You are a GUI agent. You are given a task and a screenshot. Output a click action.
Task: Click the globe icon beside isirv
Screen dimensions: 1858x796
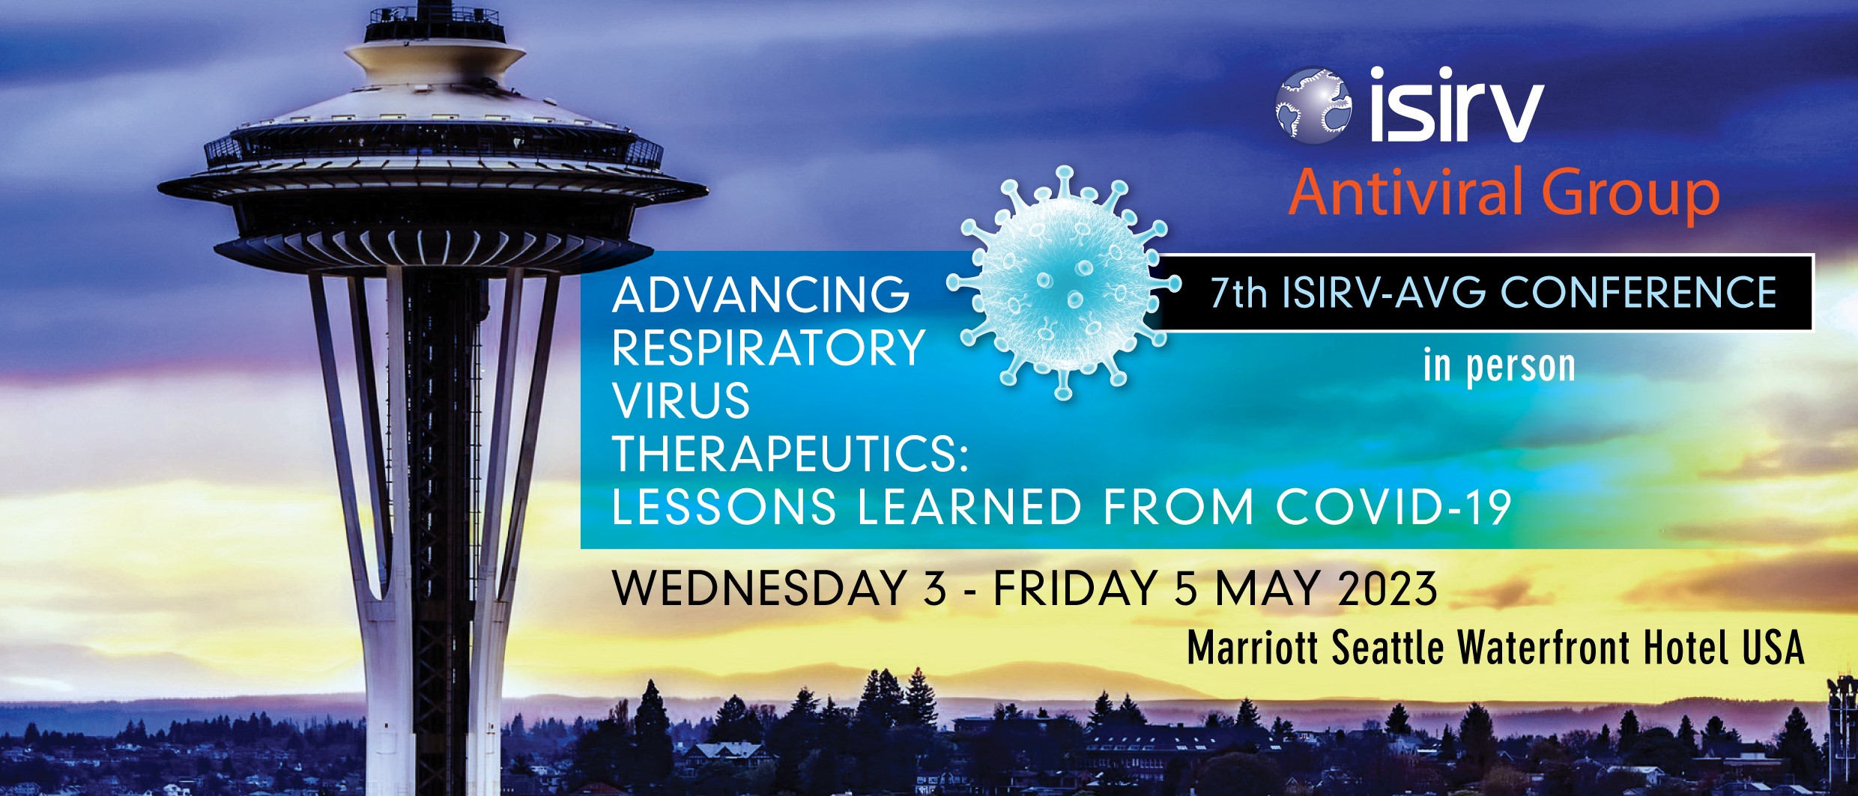[1313, 106]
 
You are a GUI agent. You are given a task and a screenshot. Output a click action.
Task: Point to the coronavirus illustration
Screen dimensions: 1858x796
[1064, 284]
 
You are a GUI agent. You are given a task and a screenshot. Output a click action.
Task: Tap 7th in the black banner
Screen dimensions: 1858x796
[1238, 293]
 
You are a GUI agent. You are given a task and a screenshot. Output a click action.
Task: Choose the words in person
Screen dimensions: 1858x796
[1499, 366]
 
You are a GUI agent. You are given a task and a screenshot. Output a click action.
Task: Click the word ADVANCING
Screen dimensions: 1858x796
[760, 295]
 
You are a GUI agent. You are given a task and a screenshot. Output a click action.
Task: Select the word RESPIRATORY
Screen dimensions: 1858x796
[769, 348]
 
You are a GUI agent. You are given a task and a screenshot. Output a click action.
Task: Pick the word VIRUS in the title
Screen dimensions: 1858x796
[681, 401]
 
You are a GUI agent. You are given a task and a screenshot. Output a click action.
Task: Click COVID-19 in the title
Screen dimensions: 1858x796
[1393, 508]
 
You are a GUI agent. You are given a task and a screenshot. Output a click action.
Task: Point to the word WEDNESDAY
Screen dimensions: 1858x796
[760, 589]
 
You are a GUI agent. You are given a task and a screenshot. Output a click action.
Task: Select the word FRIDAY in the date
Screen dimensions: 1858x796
[1076, 589]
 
